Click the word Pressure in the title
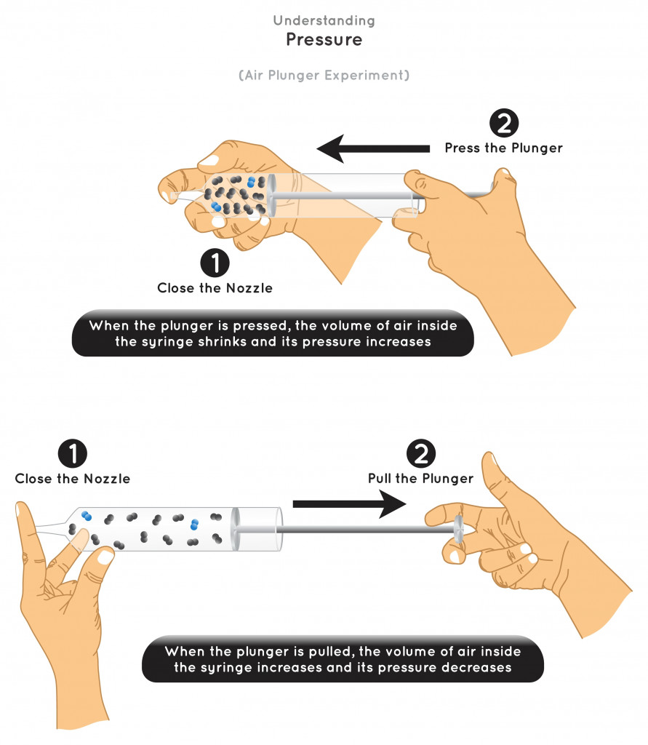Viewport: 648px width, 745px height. point(324,39)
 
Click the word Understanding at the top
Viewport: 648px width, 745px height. point(324,20)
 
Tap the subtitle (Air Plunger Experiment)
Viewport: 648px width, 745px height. point(324,75)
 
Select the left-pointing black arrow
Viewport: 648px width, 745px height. point(372,148)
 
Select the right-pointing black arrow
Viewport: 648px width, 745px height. point(349,503)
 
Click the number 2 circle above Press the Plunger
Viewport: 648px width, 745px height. point(503,124)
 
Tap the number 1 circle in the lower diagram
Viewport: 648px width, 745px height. point(72,455)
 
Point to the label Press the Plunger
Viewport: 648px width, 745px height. point(503,148)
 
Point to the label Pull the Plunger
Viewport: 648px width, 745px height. point(420,479)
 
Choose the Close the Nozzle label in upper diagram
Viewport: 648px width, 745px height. point(215,288)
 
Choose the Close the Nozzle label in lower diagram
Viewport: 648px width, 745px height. point(72,479)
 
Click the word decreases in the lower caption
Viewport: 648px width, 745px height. point(476,667)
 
